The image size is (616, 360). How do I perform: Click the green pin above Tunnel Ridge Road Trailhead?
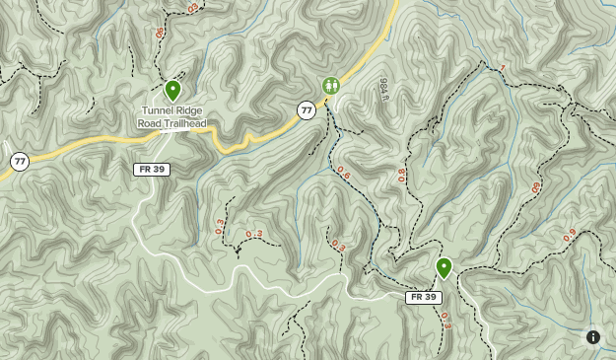tap(172, 91)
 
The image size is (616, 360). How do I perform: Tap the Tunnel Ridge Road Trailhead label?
tap(172, 117)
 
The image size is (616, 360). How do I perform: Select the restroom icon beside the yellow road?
tap(331, 86)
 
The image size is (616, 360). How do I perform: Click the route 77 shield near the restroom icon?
tap(307, 110)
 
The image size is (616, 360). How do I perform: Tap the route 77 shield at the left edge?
tap(20, 161)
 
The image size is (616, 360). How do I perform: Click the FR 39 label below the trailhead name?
tap(152, 170)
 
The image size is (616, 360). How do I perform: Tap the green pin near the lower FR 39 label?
tap(444, 267)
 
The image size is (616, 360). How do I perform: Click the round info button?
tap(593, 337)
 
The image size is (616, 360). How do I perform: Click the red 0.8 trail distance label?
tap(401, 177)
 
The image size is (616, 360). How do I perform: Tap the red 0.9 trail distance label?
tap(570, 235)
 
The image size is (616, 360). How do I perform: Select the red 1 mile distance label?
tap(502, 68)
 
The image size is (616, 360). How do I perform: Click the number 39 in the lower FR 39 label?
tap(429, 297)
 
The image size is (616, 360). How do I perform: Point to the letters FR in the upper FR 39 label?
tap(145, 170)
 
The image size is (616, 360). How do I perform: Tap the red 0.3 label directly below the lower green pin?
tap(446, 320)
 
